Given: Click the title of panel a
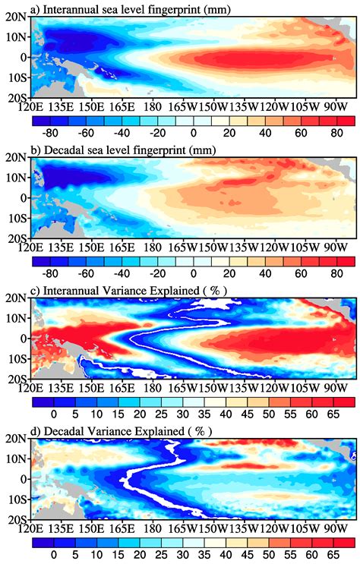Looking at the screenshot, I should (x=127, y=8).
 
